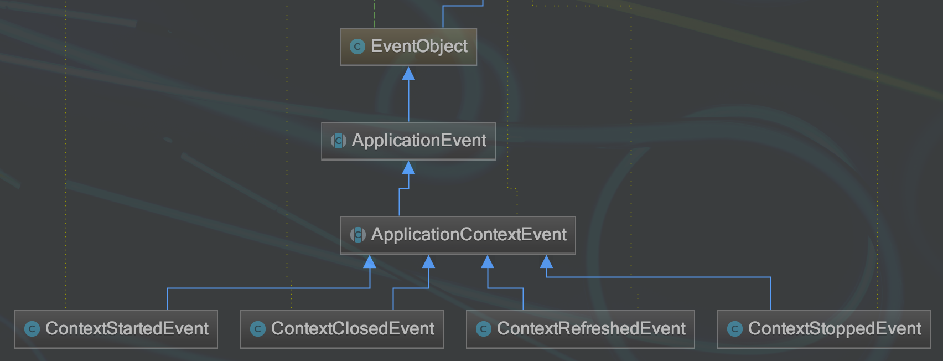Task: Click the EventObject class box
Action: point(408,47)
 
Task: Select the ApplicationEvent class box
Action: point(408,141)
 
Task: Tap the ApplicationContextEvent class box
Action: point(458,235)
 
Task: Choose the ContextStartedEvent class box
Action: point(116,329)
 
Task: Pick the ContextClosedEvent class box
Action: point(342,329)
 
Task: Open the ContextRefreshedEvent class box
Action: point(580,329)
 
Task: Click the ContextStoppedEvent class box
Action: point(823,329)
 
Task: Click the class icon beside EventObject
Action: point(357,47)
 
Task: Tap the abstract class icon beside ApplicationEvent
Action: point(339,141)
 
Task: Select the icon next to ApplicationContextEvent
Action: point(358,235)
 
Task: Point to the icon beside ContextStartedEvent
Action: point(32,329)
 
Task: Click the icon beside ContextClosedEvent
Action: point(258,329)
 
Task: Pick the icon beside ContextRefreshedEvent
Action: point(484,329)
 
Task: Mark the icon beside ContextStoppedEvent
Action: point(735,329)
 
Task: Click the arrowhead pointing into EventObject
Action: point(408,73)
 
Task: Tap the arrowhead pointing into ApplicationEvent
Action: point(408,167)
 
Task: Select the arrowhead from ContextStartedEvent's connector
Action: point(370,261)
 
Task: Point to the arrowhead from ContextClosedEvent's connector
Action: point(428,261)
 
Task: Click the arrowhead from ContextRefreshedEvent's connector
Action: point(488,261)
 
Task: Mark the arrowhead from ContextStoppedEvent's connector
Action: point(546,261)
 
